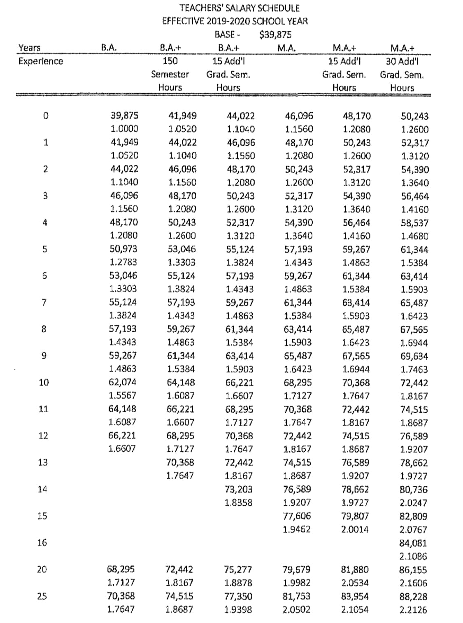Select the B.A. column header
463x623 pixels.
[109, 48]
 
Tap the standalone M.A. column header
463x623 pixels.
[286, 48]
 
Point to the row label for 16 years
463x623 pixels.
[42, 542]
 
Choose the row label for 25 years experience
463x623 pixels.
[42, 596]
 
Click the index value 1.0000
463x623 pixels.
[124, 129]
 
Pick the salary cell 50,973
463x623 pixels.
[124, 249]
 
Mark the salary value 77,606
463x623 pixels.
[297, 516]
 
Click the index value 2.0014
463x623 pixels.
[355, 529]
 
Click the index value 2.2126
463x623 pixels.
[413, 610]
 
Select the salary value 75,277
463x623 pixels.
[238, 570]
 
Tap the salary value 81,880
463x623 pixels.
[355, 570]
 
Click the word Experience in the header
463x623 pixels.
[41, 61]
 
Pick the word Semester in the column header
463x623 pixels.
[170, 75]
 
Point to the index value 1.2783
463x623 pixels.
[124, 262]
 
